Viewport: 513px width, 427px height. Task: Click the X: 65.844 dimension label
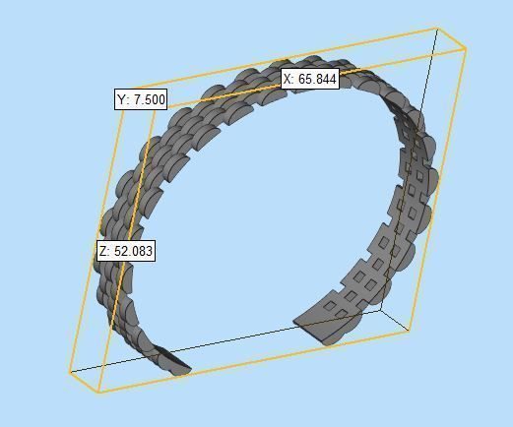(x=310, y=79)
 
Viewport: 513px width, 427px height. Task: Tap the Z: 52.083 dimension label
(x=125, y=251)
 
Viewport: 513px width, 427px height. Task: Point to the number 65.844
(x=318, y=79)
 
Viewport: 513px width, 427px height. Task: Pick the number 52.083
(x=133, y=251)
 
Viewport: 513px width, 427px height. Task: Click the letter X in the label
(x=289, y=79)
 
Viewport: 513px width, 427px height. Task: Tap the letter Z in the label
(x=103, y=251)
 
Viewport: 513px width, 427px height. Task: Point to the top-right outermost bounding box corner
(x=465, y=46)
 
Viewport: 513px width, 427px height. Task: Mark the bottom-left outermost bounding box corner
(x=69, y=372)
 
